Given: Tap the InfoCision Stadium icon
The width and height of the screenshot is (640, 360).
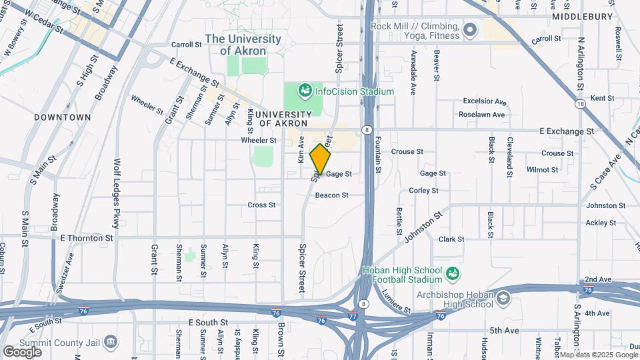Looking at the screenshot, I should [x=305, y=90].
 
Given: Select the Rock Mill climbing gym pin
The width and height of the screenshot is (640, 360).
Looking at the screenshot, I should [x=471, y=29].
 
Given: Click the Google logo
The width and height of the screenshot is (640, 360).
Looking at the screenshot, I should [x=22, y=351].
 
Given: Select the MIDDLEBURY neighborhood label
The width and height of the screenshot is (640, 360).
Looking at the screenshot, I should [x=582, y=16].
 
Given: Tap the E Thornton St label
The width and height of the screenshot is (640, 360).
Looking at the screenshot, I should [x=86, y=237].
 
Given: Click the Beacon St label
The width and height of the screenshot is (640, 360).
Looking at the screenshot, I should [x=331, y=195].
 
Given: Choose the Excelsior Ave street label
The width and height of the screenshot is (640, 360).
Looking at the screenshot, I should [x=485, y=101].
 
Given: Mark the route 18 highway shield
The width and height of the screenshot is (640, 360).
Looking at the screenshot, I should [x=582, y=103].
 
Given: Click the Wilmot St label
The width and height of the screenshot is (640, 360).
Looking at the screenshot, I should [x=542, y=169].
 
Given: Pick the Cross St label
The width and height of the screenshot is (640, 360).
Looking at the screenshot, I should [x=261, y=205].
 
